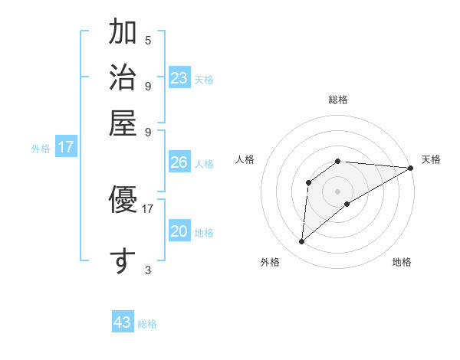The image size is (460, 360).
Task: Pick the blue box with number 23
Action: point(179,78)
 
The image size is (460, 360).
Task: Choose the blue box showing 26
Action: point(179,162)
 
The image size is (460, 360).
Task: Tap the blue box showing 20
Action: point(179,231)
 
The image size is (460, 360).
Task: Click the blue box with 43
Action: point(123,322)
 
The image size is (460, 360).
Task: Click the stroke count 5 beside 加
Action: point(148,40)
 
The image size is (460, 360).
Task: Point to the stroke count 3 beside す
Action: point(148,270)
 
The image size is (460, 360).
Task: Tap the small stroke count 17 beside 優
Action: point(148,208)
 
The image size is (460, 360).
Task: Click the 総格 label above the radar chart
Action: point(338,100)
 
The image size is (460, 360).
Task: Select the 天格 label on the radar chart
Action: point(431,159)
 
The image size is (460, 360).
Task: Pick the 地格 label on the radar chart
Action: point(402,262)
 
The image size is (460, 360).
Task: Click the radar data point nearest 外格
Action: point(301,242)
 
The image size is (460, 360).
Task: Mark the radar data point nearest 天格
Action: point(411,169)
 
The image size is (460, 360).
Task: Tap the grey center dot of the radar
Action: point(338,191)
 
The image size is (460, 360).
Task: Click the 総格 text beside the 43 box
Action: point(147,324)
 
